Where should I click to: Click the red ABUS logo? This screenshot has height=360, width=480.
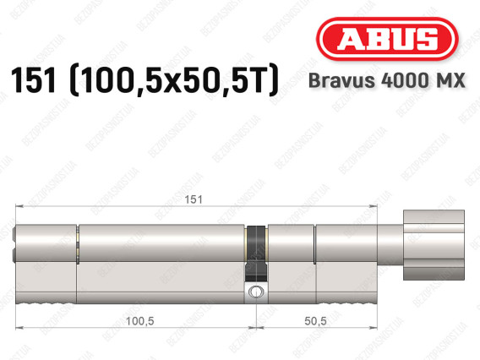pos(387,39)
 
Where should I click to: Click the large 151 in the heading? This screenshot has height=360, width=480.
pos(34,80)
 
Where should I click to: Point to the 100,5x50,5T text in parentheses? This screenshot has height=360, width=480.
pos(174,80)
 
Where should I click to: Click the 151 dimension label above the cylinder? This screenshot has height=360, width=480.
pos(194,199)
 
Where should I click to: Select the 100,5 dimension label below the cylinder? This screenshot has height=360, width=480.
pos(140,321)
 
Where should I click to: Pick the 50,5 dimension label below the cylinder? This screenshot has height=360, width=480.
pos(315,321)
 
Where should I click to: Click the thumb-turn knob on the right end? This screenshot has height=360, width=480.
pos(434,245)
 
